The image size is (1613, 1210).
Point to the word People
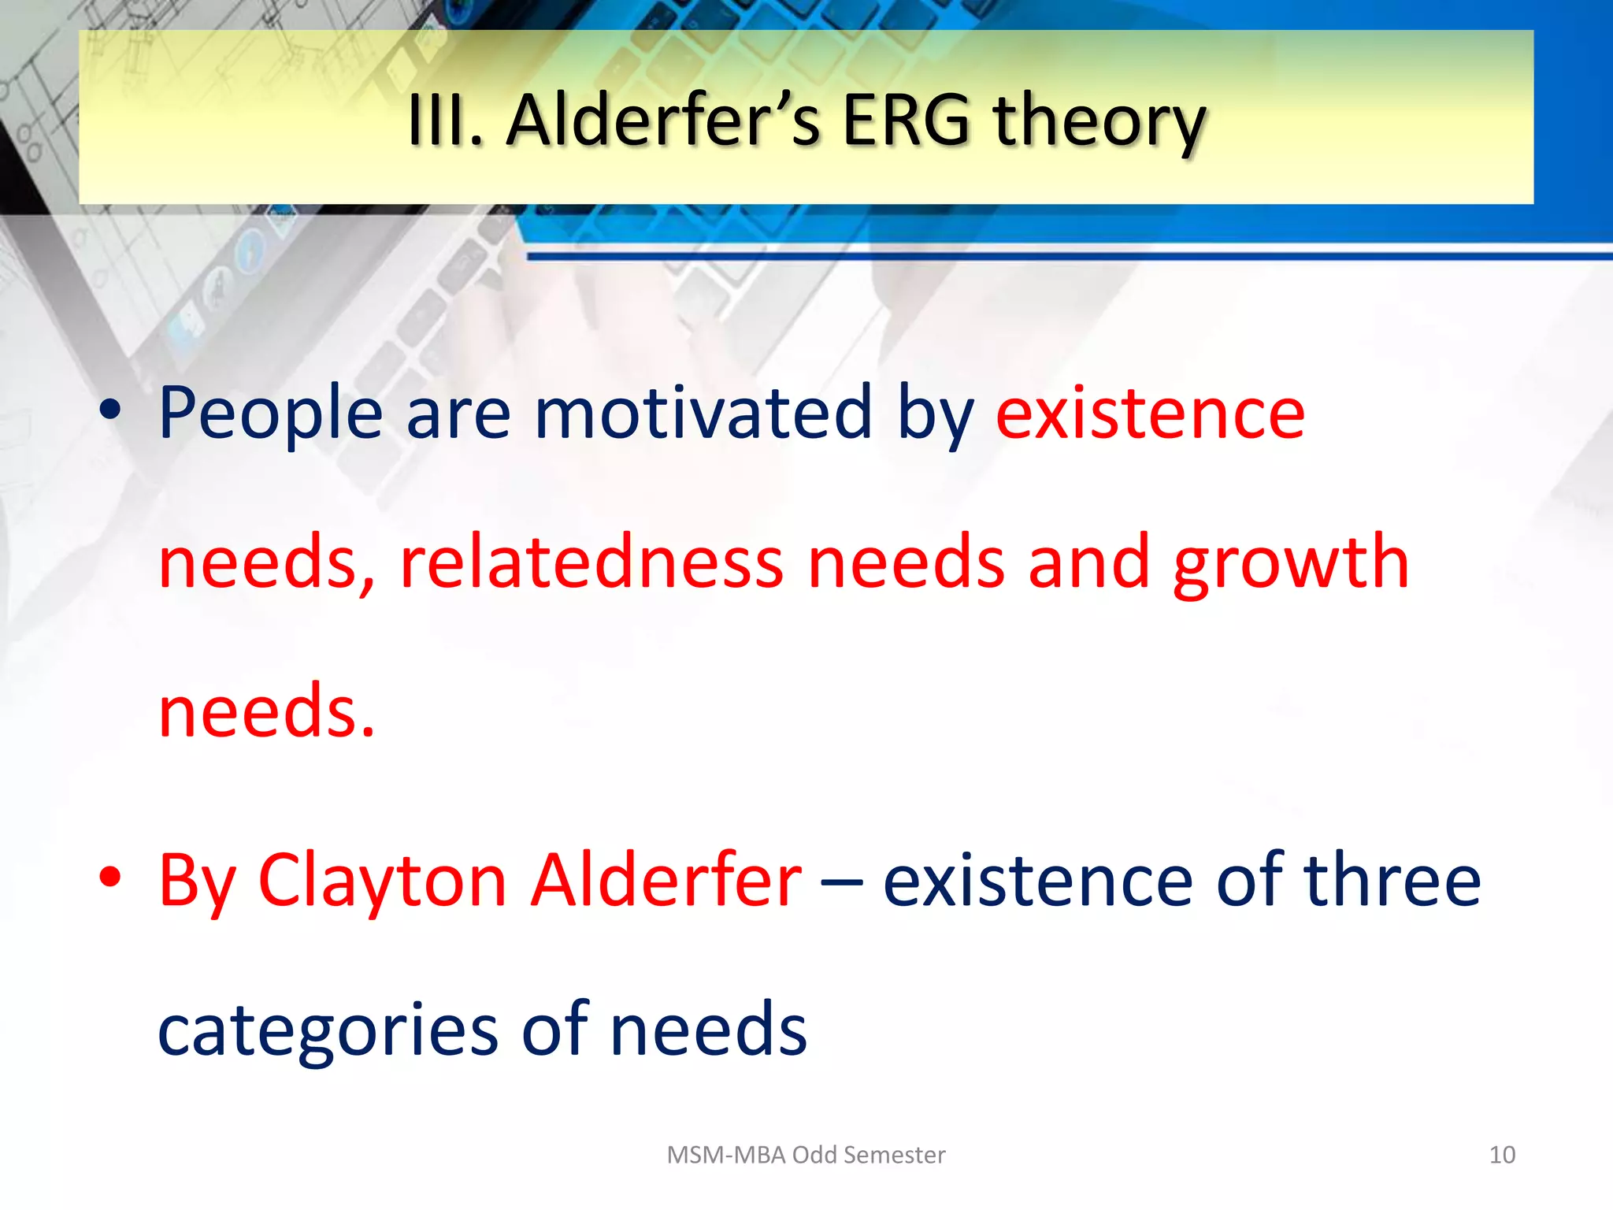tap(270, 414)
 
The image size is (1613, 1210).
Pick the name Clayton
tap(382, 882)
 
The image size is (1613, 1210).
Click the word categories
tap(328, 1032)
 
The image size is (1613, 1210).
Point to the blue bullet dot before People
tap(110, 410)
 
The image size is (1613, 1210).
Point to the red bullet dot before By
tap(110, 877)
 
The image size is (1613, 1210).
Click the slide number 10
tap(1501, 1155)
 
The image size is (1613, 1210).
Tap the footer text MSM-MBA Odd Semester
tap(805, 1155)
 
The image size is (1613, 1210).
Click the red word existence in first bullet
tap(1150, 414)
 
